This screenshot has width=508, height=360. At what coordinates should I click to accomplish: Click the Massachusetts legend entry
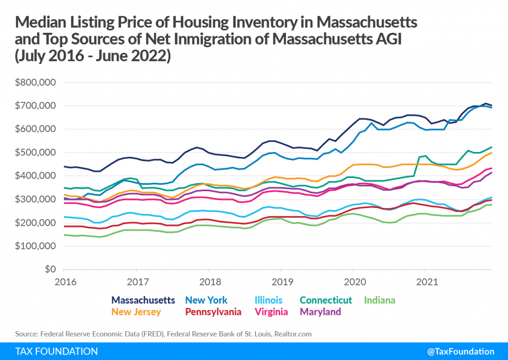[143, 300]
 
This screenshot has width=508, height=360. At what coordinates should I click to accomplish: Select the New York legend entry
[206, 300]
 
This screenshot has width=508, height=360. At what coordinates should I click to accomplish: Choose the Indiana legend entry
[380, 300]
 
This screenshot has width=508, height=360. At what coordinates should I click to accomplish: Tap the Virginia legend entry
[272, 312]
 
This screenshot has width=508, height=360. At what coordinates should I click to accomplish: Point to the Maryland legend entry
[321, 312]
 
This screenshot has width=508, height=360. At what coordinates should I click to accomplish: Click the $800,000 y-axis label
[35, 82]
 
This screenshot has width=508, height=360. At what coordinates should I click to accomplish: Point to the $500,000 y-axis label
[35, 152]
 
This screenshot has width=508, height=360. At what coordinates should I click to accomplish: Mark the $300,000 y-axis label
[35, 199]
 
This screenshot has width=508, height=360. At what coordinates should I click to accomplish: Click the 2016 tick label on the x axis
[65, 282]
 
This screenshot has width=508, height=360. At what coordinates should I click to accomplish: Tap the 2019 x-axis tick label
[281, 282]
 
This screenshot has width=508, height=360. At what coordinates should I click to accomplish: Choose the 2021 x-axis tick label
[425, 282]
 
